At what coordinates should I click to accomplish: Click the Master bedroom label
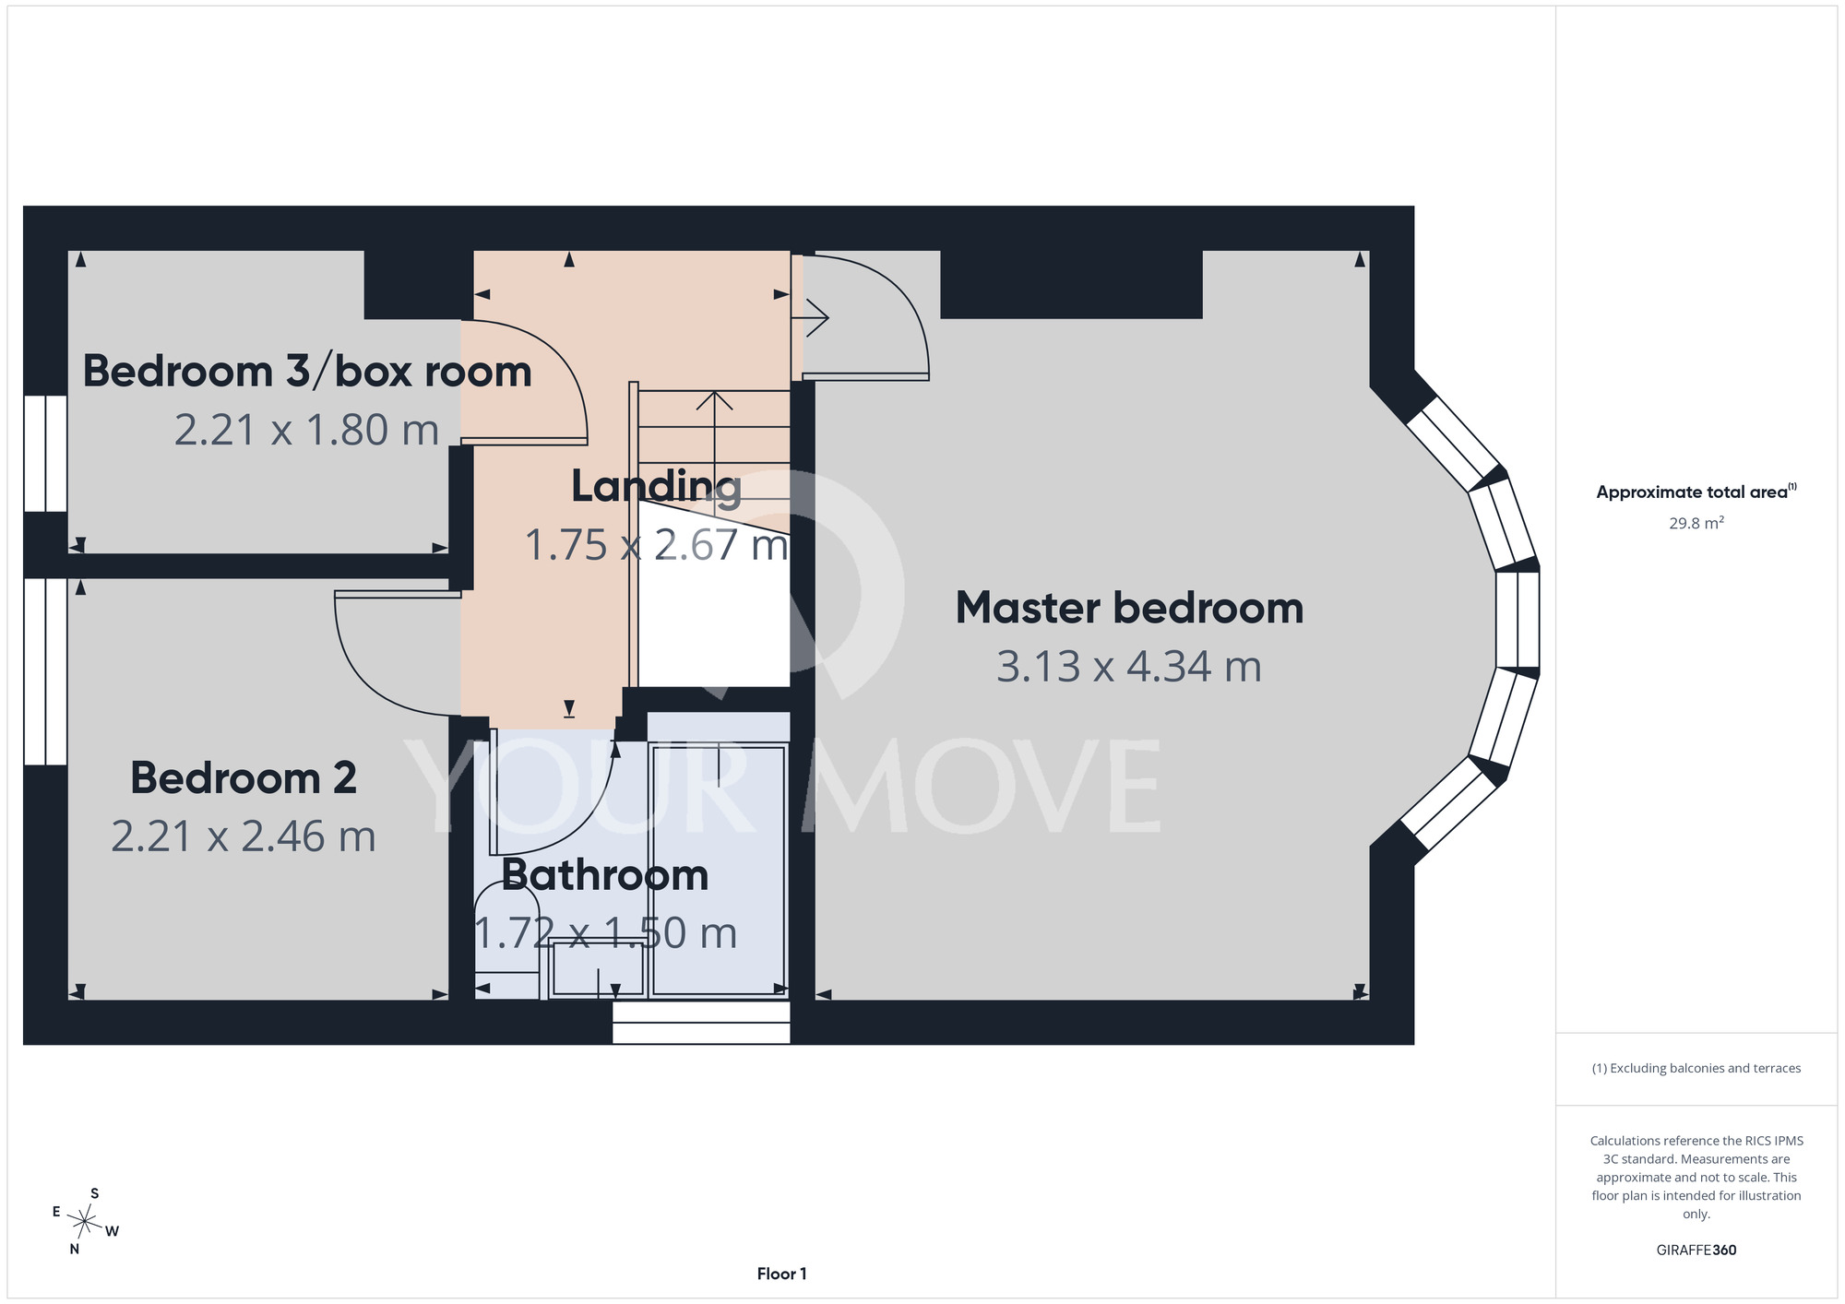click(1129, 609)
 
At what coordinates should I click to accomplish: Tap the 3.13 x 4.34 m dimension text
click(1129, 667)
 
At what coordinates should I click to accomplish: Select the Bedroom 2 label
click(244, 778)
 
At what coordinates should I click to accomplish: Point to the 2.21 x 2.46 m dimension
click(244, 836)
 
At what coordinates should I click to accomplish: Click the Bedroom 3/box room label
click(307, 372)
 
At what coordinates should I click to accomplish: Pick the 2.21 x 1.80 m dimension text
click(306, 431)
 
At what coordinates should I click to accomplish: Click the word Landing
click(656, 487)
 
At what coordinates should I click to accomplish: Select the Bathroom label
click(605, 875)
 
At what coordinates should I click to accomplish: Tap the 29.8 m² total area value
click(1696, 523)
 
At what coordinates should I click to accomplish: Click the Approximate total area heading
click(1696, 492)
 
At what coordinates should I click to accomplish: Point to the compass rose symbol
click(84, 1222)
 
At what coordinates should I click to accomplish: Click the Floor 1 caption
click(781, 1274)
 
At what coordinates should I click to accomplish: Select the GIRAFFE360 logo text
click(1696, 1251)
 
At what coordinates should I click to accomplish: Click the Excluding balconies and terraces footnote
click(1696, 1068)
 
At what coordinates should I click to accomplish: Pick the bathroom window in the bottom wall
click(701, 1023)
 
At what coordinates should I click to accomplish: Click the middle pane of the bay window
click(1518, 620)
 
